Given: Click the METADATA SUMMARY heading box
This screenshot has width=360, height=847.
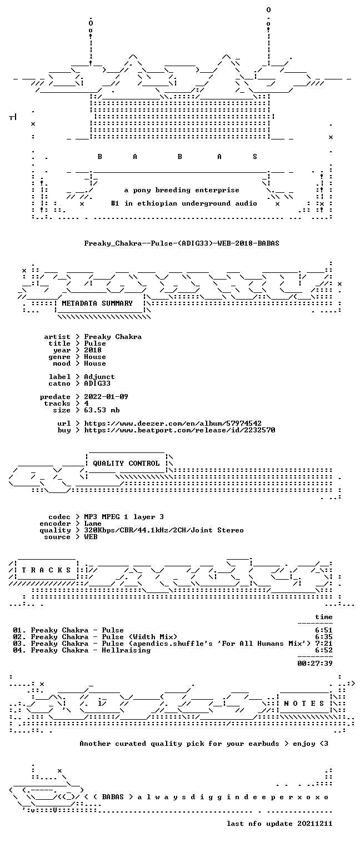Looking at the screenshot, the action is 97,303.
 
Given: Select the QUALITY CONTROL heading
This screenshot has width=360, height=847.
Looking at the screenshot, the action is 126,464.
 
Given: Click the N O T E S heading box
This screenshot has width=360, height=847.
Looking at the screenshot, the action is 304,703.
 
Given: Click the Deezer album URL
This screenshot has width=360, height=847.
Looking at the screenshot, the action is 173,423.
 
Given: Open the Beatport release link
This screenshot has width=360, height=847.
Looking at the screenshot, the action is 179,430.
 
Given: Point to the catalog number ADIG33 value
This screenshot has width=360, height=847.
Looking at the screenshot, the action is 97,383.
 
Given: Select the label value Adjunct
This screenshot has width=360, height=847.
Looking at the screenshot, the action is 99,377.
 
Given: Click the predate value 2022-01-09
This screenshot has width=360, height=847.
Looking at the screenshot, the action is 106,397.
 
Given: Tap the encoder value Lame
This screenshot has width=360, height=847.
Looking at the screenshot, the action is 93,524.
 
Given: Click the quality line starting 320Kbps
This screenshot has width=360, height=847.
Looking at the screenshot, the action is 164,531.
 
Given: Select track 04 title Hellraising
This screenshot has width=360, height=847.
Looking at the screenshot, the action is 126,650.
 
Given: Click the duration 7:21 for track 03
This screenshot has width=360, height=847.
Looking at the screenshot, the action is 324,644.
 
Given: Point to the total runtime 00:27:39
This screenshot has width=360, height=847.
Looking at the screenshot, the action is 315,664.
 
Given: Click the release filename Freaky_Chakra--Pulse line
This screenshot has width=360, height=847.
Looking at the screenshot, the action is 182,243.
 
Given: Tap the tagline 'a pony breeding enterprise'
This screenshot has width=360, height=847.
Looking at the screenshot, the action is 182,190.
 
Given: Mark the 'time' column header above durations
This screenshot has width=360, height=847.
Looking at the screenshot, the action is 324,617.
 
